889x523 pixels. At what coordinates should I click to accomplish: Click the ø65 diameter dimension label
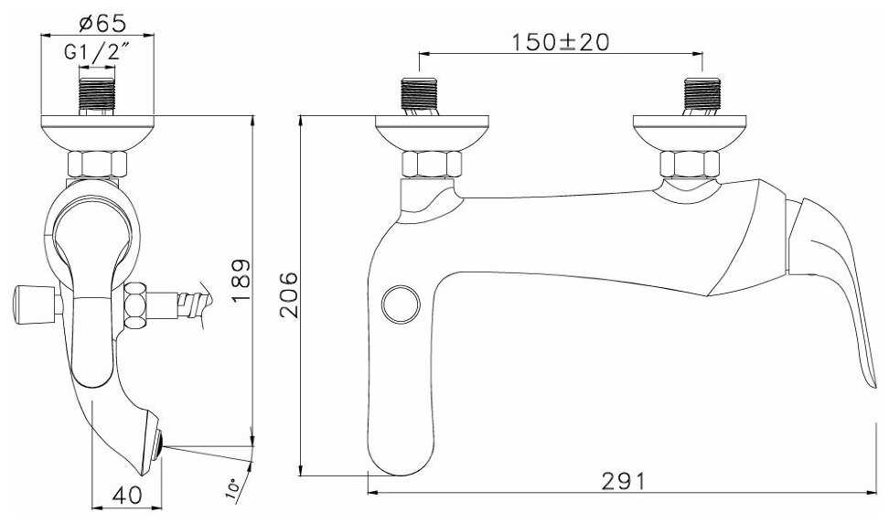[x=102, y=23]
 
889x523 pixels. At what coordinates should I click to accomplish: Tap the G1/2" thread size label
[x=94, y=52]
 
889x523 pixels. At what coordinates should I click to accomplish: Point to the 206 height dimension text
[x=289, y=294]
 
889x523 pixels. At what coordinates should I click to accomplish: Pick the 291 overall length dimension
[x=623, y=481]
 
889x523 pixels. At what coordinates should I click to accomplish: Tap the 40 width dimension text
[x=127, y=495]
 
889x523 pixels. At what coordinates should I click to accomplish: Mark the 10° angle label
[x=232, y=488]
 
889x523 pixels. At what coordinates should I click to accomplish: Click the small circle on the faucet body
[x=401, y=304]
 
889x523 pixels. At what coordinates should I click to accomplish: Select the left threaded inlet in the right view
[x=419, y=95]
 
